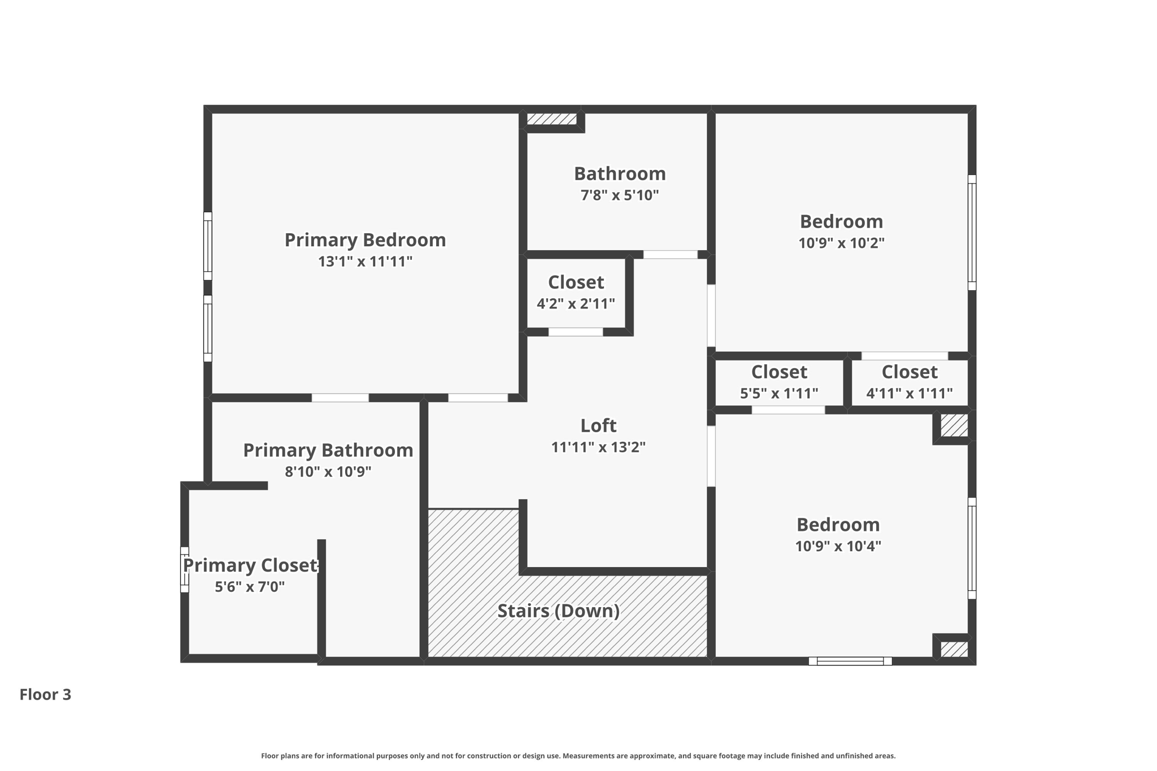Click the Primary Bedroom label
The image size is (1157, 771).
365,240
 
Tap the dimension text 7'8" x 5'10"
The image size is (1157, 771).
620,195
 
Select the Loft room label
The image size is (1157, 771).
598,425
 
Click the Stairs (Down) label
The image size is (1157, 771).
558,611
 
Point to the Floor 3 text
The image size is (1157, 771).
45,694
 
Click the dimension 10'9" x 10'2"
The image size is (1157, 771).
841,243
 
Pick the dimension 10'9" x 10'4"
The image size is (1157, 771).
838,546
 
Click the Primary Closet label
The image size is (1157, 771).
250,565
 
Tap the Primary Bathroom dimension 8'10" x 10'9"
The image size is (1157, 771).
328,472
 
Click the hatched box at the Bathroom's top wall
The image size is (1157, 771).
551,119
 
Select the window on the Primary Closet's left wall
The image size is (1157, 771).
184,569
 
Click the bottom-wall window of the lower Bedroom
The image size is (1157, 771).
850,661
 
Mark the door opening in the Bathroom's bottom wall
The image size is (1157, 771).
670,255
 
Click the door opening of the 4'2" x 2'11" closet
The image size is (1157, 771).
575,332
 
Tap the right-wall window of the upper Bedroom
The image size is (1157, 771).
972,232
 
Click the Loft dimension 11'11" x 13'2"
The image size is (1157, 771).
598,447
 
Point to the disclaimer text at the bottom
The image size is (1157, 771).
578,756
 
